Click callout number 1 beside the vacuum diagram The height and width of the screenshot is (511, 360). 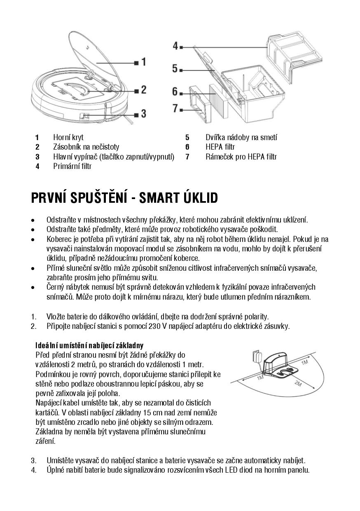pos(143,62)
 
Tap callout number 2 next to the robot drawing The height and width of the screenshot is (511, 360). pos(143,89)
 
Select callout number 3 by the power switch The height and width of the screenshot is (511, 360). pos(143,113)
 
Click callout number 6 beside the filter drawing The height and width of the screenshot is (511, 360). pos(175,91)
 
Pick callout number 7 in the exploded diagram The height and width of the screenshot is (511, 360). pos(175,109)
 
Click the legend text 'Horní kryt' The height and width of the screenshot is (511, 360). pos(68,137)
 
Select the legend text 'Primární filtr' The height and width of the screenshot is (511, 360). pos(72,166)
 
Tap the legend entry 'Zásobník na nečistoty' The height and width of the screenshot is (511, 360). pos(86,147)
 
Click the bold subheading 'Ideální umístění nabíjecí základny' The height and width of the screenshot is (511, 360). pos(89,345)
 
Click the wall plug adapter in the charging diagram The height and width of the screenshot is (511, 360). pos(256,357)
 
